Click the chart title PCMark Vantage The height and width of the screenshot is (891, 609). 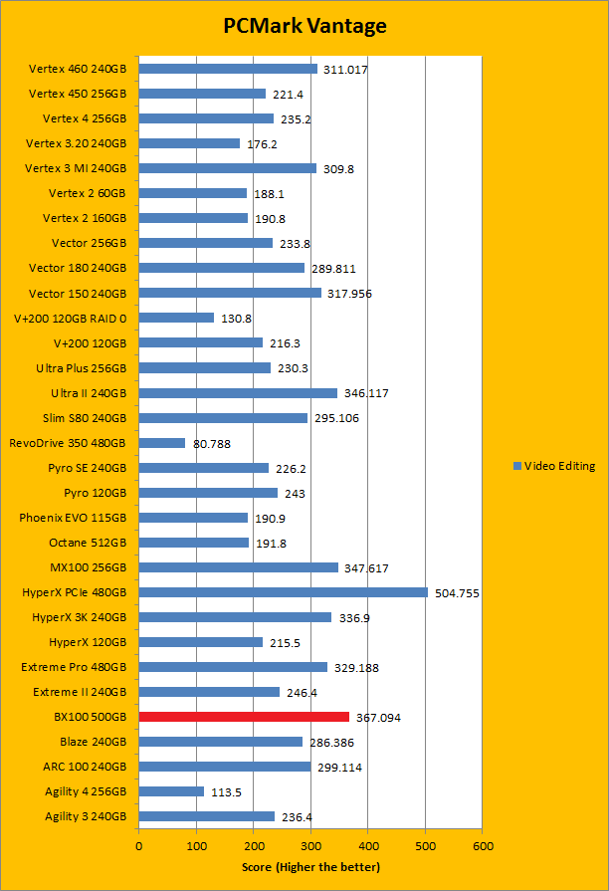[304, 26]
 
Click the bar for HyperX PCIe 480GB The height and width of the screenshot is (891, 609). [283, 592]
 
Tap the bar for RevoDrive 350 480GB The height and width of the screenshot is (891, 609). [161, 443]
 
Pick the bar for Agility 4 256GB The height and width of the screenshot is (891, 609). [171, 791]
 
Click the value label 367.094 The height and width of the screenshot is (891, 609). [378, 718]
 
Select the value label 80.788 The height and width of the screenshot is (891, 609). [211, 444]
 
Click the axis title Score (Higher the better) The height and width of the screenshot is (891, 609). [310, 867]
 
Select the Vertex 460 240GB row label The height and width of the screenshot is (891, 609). [78, 69]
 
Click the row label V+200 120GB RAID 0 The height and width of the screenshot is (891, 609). [70, 318]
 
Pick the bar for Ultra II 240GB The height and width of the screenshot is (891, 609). [238, 393]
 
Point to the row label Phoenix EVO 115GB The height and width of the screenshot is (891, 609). [73, 518]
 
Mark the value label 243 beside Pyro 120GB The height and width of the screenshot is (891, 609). [295, 494]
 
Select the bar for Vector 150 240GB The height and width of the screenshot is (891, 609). [230, 293]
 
